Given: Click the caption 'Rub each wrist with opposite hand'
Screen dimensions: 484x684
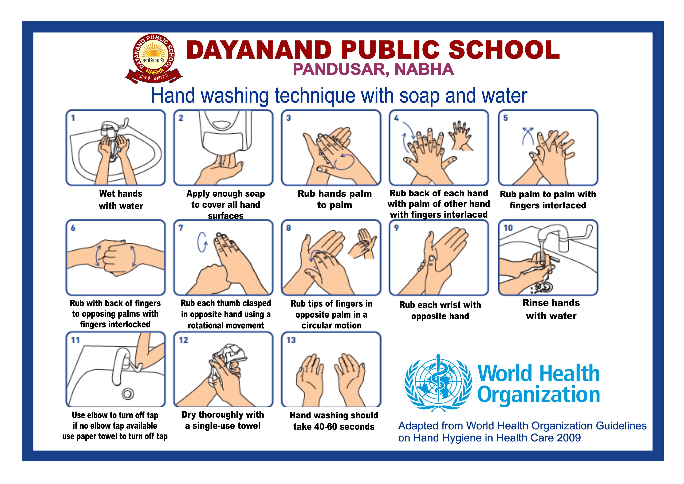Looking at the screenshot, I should (440, 311).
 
